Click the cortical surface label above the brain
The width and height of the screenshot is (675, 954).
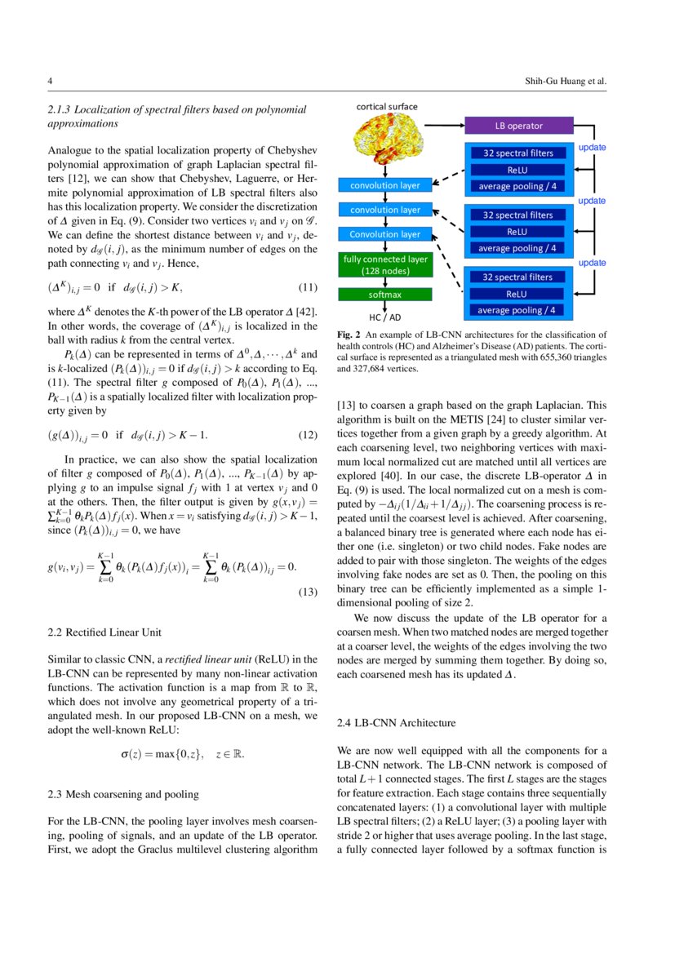pos(387,107)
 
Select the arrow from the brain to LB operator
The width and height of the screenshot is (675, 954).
pos(441,126)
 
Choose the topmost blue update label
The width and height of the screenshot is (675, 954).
pos(592,148)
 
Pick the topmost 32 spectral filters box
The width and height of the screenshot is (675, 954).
pos(517,153)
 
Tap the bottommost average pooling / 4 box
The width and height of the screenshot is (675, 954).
pos(517,309)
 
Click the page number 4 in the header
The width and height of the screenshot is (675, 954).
pos(51,82)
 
